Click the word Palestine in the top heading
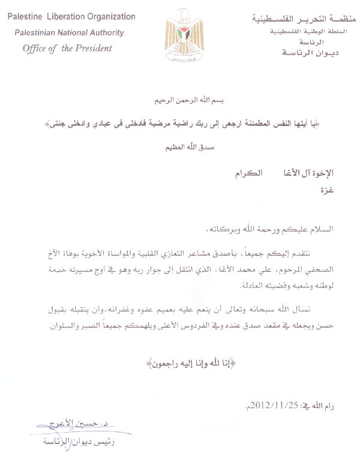coord(26,14)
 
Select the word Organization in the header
coord(121,14)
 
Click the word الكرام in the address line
coord(246,173)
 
